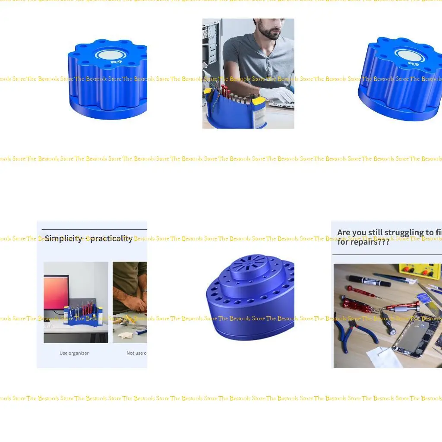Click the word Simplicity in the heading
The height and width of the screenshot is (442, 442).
click(63, 239)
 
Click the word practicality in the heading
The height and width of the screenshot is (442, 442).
click(111, 239)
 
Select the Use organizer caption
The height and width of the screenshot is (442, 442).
click(74, 353)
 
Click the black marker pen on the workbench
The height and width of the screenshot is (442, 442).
click(369, 281)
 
